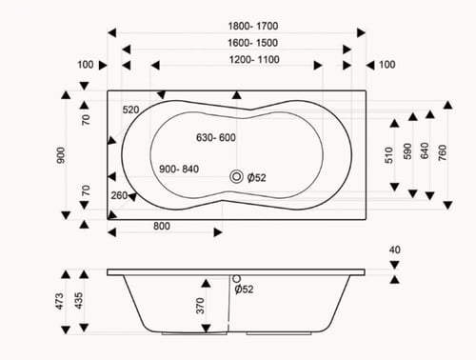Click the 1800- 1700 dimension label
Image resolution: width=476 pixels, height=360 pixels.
tap(253, 26)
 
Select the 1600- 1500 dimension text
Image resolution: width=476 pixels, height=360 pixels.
tap(252, 43)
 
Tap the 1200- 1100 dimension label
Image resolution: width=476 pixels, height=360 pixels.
tap(254, 59)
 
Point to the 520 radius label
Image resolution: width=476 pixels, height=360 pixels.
tap(130, 110)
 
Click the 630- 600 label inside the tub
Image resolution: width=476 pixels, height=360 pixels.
tap(216, 137)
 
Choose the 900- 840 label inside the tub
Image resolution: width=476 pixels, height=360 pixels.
tap(179, 169)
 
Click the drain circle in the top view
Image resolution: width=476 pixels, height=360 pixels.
tap(236, 176)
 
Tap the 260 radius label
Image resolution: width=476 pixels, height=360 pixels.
tap(119, 195)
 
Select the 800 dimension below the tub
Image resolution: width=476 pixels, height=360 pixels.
tap(162, 226)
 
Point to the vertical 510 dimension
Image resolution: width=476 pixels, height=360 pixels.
tap(389, 155)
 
